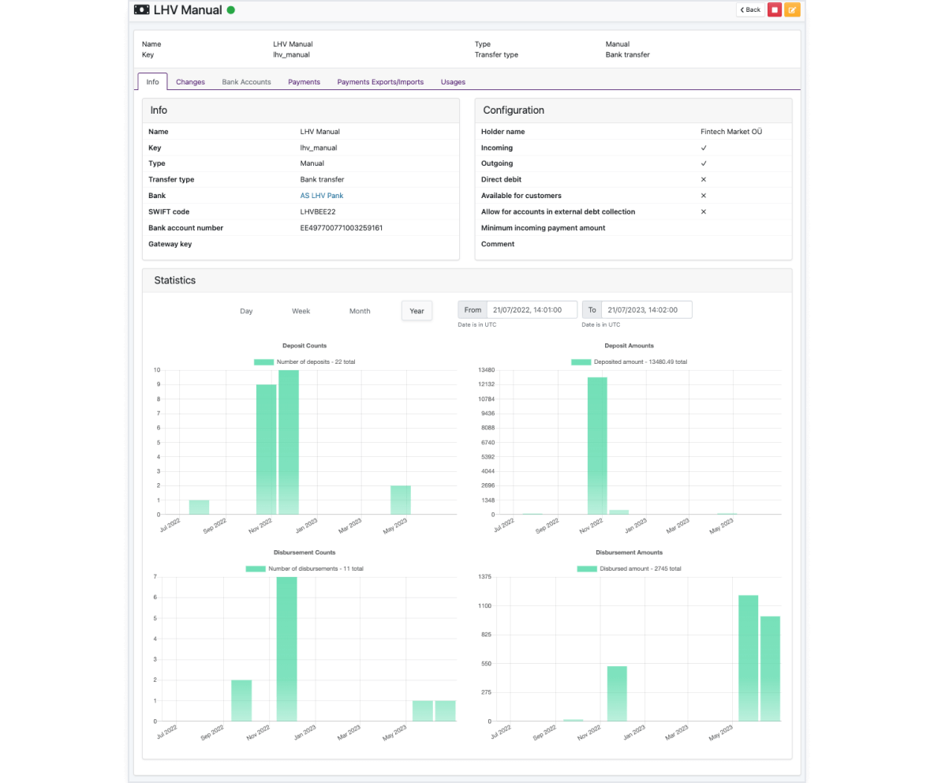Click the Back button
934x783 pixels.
click(x=750, y=9)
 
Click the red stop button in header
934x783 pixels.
click(x=775, y=9)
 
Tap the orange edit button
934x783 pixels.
click(x=792, y=9)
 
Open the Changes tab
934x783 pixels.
click(x=190, y=82)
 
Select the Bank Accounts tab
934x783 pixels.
click(x=246, y=82)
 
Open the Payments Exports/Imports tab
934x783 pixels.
click(x=380, y=82)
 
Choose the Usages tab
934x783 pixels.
click(x=453, y=82)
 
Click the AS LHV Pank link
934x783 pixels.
click(x=322, y=196)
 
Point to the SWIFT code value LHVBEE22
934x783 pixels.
click(x=317, y=212)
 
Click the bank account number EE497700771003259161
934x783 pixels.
click(x=342, y=227)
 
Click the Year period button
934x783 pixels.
click(x=417, y=311)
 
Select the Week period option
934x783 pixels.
click(x=301, y=311)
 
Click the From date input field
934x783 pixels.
click(x=532, y=310)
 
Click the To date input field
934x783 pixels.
click(x=646, y=310)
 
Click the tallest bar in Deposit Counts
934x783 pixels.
click(x=289, y=442)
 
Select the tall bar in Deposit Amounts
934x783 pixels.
click(x=597, y=446)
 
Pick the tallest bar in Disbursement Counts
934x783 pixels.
click(x=287, y=649)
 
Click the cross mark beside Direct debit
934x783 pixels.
click(x=704, y=179)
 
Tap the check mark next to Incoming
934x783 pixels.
click(x=704, y=148)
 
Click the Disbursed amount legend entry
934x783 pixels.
click(x=629, y=568)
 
